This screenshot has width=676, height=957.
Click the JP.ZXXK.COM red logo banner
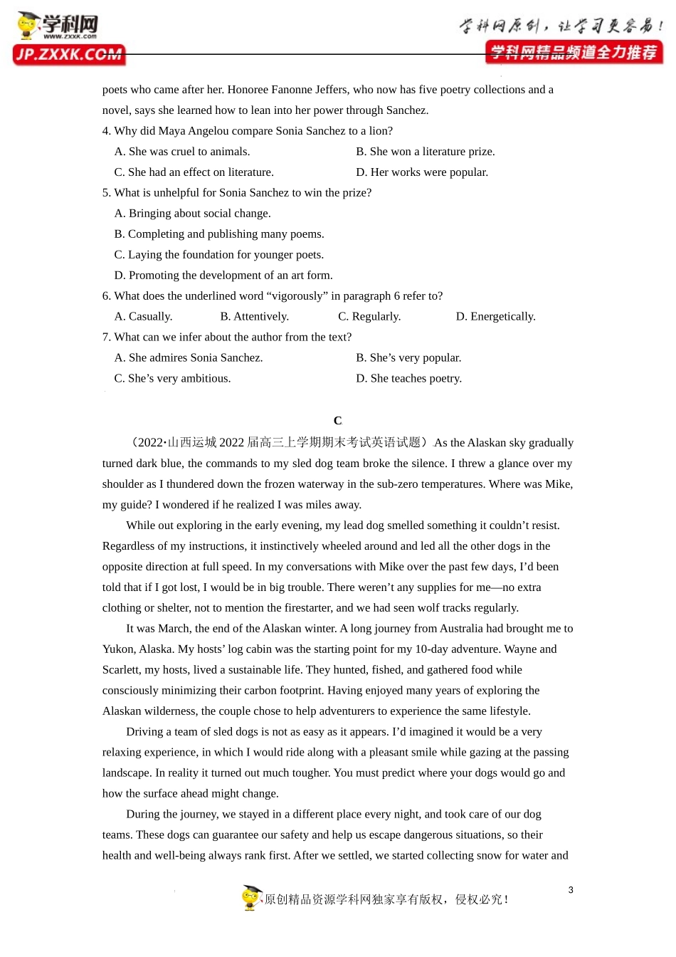[68, 55]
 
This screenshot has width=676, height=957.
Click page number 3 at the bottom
[571, 890]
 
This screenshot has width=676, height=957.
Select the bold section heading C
[338, 421]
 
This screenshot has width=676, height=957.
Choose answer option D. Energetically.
[495, 317]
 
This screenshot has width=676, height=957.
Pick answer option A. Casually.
[143, 317]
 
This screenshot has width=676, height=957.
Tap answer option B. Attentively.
[254, 317]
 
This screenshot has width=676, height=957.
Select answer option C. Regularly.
[369, 317]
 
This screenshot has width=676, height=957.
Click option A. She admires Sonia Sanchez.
[189, 358]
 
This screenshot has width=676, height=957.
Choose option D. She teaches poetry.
[408, 379]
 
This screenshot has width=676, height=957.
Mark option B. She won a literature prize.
[425, 152]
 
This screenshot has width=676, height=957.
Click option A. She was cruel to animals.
[182, 152]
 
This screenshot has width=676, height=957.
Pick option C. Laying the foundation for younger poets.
[218, 255]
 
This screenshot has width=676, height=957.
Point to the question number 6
[106, 296]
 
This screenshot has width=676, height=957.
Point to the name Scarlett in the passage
[121, 670]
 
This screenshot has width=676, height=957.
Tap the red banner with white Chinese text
[574, 53]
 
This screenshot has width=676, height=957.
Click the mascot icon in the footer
[251, 897]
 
